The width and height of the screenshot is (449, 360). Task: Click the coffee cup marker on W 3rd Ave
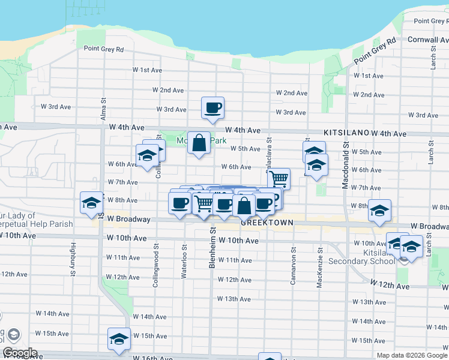coord(212,108)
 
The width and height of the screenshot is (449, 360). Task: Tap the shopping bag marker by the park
coord(199,143)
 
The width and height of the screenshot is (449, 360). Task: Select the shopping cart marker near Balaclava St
coord(279,178)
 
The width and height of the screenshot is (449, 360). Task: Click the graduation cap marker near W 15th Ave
coord(119,339)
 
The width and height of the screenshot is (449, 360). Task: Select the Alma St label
coord(103,109)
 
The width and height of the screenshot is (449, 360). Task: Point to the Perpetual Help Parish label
coord(36,224)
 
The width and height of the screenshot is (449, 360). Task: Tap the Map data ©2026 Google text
coord(412,355)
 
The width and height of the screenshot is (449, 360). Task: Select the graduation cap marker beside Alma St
coord(91,203)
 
